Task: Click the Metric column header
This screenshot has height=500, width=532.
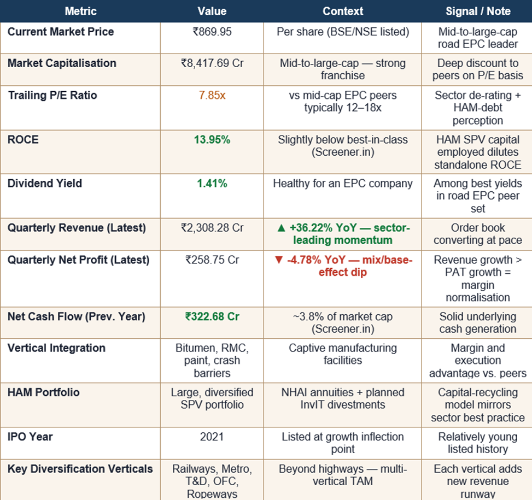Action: click(80, 11)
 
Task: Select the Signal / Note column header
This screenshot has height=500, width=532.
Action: click(478, 11)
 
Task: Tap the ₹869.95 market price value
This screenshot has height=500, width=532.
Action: click(212, 32)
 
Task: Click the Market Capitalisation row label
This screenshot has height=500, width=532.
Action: click(62, 63)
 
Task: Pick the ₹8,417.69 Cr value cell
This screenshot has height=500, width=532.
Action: click(212, 63)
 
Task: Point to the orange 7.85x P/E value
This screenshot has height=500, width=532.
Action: click(212, 96)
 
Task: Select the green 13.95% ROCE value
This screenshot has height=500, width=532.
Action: click(212, 140)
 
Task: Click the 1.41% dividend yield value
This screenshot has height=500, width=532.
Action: click(212, 184)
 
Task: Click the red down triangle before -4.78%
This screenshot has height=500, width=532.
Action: click(279, 260)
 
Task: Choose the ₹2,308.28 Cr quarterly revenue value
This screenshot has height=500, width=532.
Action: click(212, 228)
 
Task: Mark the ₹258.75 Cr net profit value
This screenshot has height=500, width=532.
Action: click(212, 260)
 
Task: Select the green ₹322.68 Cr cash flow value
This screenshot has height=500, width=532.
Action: click(212, 316)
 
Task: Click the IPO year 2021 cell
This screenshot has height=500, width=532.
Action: click(212, 437)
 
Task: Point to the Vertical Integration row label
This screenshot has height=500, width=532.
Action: click(56, 348)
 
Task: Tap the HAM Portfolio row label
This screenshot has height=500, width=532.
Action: click(43, 393)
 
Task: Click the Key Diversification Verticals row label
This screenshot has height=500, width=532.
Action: click(80, 469)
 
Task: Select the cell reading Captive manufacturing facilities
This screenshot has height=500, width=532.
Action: click(342, 354)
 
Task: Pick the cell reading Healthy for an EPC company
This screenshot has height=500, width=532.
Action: click(342, 184)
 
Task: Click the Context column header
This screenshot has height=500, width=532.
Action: click(342, 11)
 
